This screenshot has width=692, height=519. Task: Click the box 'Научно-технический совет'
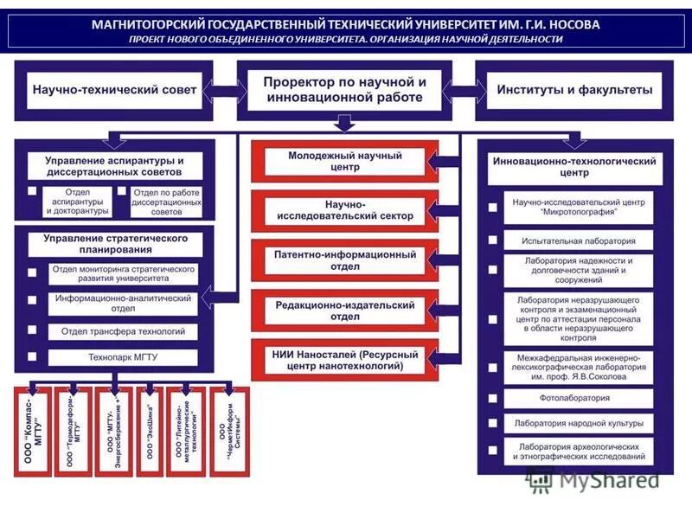click(114, 90)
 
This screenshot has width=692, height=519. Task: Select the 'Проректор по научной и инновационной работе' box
click(345, 90)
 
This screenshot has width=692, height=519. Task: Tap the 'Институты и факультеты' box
click(575, 90)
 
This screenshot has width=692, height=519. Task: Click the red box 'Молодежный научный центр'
click(344, 162)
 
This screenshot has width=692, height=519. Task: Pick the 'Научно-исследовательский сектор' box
click(344, 209)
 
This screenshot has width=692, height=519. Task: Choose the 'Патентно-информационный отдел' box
click(344, 260)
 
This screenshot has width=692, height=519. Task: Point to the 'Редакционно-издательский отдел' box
click(344, 311)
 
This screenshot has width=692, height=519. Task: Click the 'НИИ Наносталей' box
click(344, 361)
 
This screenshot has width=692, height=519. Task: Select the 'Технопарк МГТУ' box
click(122, 356)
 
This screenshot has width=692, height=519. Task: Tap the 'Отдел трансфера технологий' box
click(122, 330)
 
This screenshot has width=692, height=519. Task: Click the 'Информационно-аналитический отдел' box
click(122, 303)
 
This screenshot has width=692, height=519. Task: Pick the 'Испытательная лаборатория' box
click(579, 242)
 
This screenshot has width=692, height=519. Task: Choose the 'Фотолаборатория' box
click(579, 399)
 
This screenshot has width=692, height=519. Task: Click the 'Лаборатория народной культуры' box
click(579, 424)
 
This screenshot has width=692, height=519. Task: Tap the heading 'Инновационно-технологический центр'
click(574, 167)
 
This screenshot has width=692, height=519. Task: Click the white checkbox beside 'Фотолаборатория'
click(492, 399)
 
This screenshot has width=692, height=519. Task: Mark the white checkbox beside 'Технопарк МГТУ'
click(32, 356)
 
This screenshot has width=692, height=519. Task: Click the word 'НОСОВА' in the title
click(567, 24)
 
